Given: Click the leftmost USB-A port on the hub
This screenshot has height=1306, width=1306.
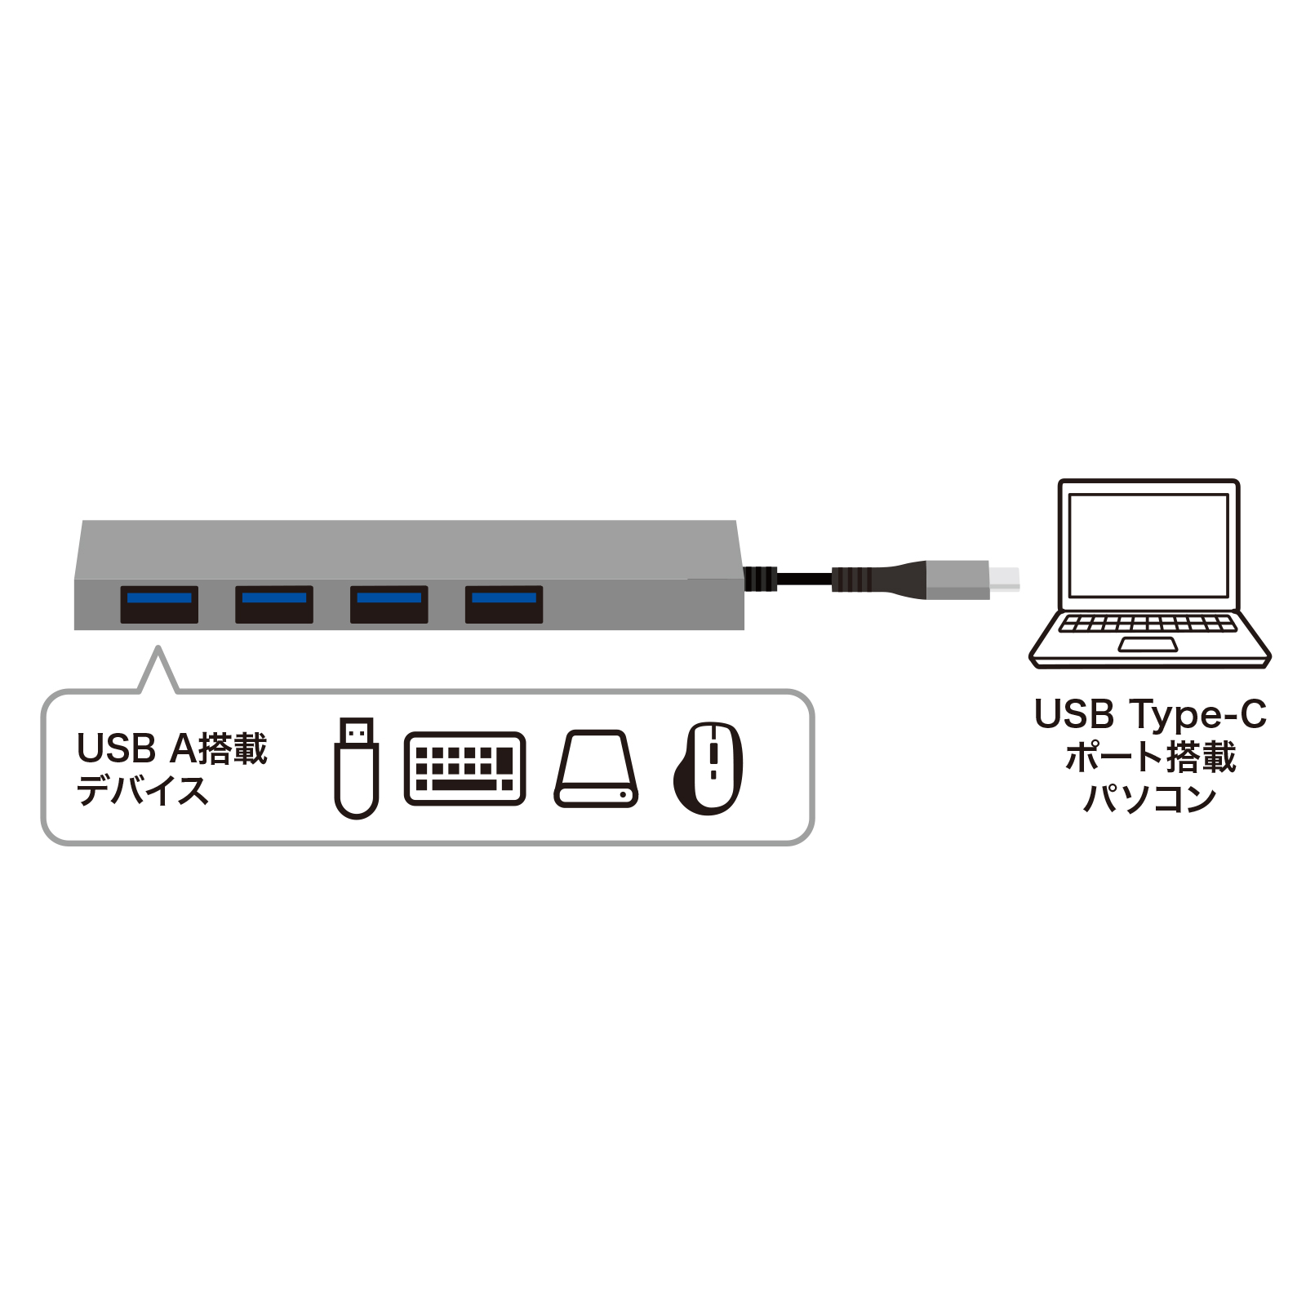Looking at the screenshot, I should pos(159,605).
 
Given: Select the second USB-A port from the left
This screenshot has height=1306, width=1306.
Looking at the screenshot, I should pos(274,605).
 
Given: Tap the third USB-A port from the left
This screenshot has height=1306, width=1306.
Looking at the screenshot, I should pos(389,605).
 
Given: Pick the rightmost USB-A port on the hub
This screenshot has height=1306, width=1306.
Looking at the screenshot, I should pos(504,605).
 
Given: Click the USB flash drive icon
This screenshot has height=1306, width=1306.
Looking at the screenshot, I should pos(357,767).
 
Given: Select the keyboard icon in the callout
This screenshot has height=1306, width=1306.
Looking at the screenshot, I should pos(464,768).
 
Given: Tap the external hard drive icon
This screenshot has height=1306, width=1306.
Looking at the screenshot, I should pos(596,769).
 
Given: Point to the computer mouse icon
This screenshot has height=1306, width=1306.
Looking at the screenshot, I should pos(709,768).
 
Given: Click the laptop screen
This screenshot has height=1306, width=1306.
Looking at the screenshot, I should pos(1148,544).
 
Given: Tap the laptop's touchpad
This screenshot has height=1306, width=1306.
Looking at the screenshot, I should pos(1148,645).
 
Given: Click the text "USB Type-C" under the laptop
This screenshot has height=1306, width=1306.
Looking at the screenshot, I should pos(1150,714).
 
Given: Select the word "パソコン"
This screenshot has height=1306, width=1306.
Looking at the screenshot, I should pos(1150,799).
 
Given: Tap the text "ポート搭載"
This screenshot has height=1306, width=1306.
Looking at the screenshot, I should pos(1150,757).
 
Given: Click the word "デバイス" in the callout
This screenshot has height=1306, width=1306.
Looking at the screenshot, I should pos(143,790).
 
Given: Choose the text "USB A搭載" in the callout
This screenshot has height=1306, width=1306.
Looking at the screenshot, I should pos(172,748).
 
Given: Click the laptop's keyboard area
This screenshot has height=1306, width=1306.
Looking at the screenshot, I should pos(1148,624).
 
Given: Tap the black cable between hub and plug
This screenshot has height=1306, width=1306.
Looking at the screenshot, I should pos(803,579).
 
